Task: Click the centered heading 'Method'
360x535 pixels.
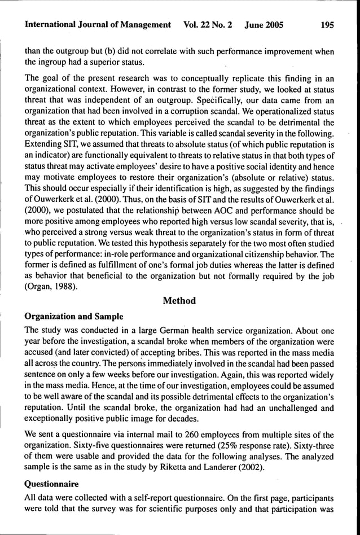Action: point(179,301)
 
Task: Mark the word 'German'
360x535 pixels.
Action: point(162,327)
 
